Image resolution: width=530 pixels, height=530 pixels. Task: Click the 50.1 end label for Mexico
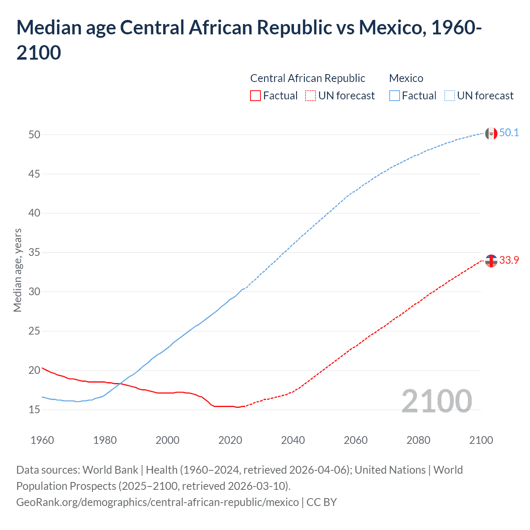pyautogui.click(x=509, y=132)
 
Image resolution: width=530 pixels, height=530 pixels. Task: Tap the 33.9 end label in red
pyautogui.click(x=509, y=260)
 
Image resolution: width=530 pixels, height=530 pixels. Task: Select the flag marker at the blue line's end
pyautogui.click(x=491, y=133)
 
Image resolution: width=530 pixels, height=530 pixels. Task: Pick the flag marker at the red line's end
pyautogui.click(x=491, y=261)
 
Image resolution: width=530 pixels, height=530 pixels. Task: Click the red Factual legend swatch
pyautogui.click(x=255, y=96)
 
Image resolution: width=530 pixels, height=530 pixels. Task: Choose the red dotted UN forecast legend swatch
pyautogui.click(x=311, y=96)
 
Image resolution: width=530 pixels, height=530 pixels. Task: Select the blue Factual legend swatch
pyautogui.click(x=395, y=96)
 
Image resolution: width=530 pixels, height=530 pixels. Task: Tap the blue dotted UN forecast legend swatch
pyautogui.click(x=449, y=96)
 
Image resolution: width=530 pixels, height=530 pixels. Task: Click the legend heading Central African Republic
pyautogui.click(x=308, y=78)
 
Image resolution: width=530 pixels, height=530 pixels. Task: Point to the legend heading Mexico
pyautogui.click(x=406, y=78)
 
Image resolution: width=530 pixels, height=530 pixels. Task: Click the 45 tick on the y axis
pyautogui.click(x=34, y=174)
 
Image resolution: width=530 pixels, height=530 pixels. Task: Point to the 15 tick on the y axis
pyautogui.click(x=34, y=410)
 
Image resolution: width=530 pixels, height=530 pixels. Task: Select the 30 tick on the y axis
pyautogui.click(x=34, y=291)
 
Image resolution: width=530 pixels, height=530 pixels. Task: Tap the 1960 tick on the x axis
pyautogui.click(x=42, y=440)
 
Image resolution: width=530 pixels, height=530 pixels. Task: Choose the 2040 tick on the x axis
pyautogui.click(x=293, y=440)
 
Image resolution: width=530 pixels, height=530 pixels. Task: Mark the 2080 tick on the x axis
pyautogui.click(x=418, y=440)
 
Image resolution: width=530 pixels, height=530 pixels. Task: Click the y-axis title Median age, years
pyautogui.click(x=17, y=270)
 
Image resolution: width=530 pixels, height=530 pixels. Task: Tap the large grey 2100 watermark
pyautogui.click(x=436, y=401)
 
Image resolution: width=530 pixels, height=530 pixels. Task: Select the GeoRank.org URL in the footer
pyautogui.click(x=157, y=502)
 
